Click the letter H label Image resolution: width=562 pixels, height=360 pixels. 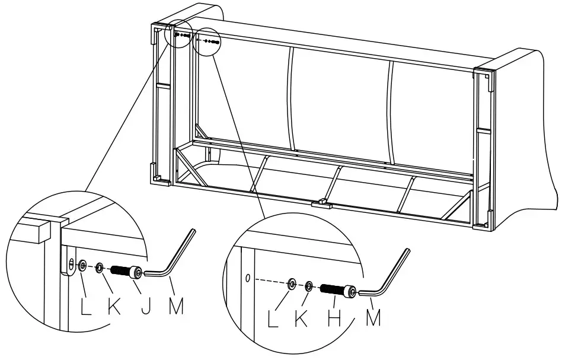point(335,318)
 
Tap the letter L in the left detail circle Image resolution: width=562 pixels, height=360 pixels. point(87,307)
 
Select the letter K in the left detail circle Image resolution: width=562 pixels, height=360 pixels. point(114,307)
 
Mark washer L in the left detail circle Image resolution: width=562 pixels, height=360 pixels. point(82,265)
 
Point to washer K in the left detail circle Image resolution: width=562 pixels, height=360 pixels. point(100,268)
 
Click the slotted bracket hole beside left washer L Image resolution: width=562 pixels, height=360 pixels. point(71,263)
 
